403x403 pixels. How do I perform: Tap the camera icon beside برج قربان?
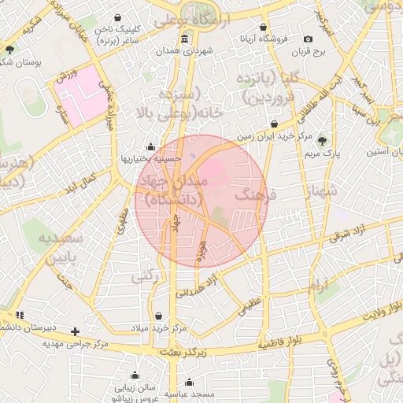308,39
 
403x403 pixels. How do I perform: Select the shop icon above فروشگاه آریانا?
273,25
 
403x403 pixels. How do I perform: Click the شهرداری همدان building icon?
184,39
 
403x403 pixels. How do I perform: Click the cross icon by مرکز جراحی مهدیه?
75,331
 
